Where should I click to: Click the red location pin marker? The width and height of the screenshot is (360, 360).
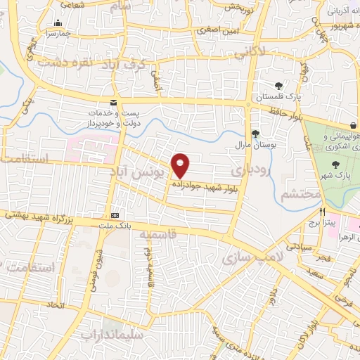coord(181,165)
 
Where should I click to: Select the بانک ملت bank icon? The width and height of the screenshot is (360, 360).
coord(115,215)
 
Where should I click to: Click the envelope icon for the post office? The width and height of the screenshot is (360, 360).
coord(114,103)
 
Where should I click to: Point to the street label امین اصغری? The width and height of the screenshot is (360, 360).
coord(217,31)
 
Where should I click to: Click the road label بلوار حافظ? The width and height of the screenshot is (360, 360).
coord(284,112)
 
